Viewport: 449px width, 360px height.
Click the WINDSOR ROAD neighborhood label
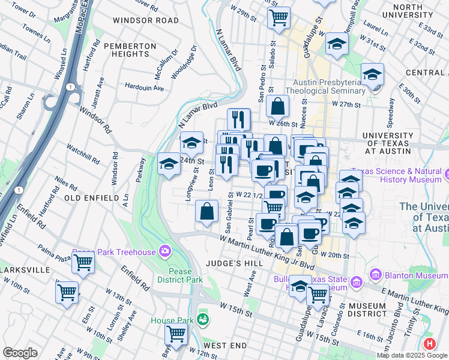(x=146, y=20)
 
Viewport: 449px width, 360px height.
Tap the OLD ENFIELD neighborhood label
(x=89, y=197)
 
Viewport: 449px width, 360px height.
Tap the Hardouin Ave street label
(x=145, y=88)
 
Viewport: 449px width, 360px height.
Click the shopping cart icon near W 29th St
(x=279, y=17)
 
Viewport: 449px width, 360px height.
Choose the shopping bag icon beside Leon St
(x=206, y=211)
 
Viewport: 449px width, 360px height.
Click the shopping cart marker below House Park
(x=176, y=334)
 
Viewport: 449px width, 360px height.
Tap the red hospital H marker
(x=430, y=345)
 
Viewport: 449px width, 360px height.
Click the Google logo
(x=20, y=353)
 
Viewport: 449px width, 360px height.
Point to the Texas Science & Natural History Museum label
(x=398, y=175)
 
